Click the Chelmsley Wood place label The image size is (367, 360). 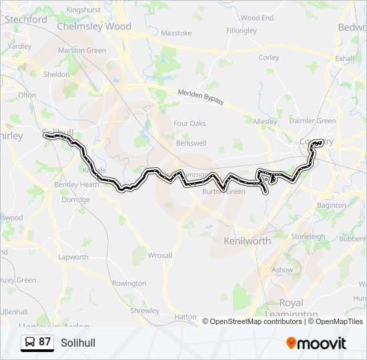(94, 27)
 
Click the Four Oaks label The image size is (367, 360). (190, 123)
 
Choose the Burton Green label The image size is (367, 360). (224, 191)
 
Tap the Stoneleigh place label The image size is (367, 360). (308, 236)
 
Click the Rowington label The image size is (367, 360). (129, 283)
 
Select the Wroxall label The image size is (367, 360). (160, 255)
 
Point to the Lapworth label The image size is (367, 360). (73, 257)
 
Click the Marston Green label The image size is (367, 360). (82, 51)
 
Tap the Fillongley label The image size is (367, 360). (242, 31)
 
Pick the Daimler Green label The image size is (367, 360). (313, 121)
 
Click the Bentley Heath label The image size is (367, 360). (76, 185)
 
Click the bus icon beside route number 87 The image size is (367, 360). (30, 342)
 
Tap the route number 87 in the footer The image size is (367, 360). (45, 342)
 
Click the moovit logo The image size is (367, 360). (316, 343)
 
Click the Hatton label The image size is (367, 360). (185, 317)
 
